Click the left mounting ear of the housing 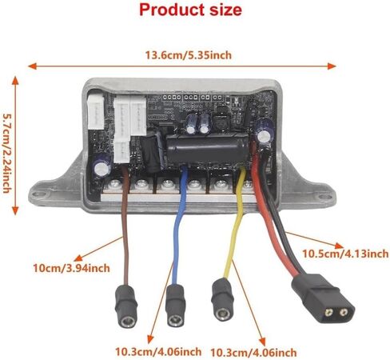44,191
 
